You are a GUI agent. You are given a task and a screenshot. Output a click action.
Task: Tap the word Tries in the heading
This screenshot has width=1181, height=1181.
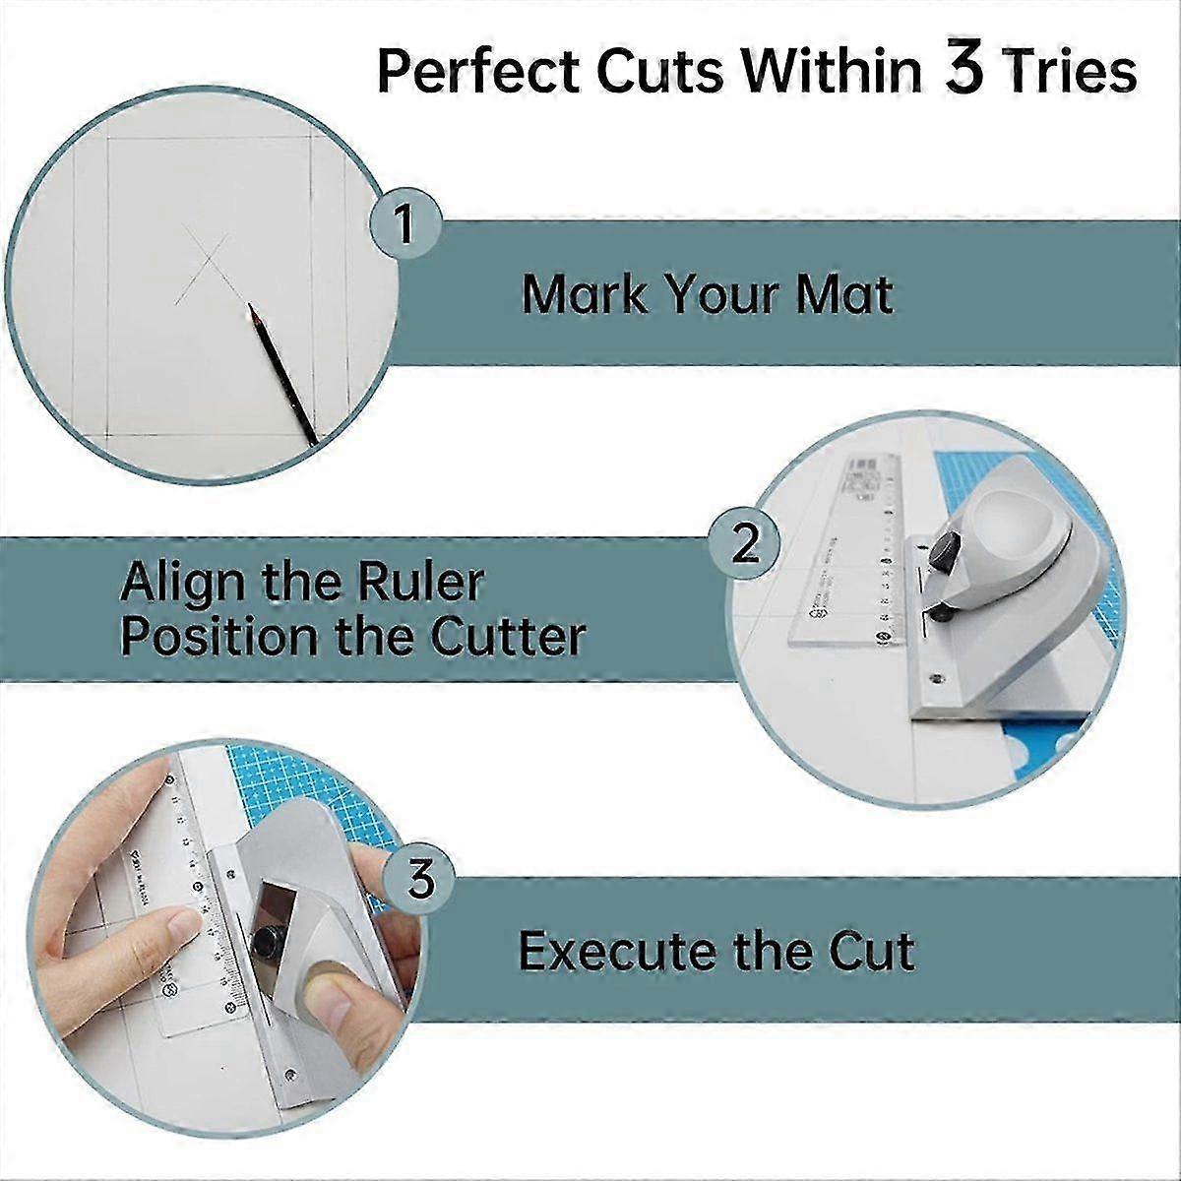(1070, 72)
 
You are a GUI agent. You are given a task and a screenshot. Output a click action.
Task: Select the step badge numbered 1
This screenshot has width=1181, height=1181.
(404, 223)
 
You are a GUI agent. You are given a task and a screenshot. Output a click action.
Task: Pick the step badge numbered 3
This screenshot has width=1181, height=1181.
(421, 879)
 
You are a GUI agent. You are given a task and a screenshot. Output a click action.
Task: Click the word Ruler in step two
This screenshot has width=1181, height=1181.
(434, 582)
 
